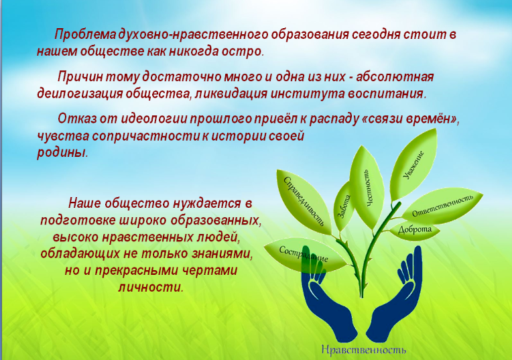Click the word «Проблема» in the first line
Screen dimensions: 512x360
click(x=85, y=35)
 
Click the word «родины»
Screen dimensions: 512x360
click(x=62, y=153)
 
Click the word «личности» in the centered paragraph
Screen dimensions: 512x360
click(x=151, y=287)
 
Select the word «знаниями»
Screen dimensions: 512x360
click(x=219, y=254)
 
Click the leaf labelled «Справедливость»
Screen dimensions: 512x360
click(x=304, y=202)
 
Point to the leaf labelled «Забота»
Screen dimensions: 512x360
click(x=344, y=207)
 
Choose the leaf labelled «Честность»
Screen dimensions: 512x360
click(x=367, y=187)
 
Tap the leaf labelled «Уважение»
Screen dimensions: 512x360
click(x=413, y=166)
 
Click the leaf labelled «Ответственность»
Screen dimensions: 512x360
click(x=442, y=206)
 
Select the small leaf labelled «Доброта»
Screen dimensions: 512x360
click(x=415, y=231)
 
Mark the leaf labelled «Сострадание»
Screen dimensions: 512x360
click(x=304, y=255)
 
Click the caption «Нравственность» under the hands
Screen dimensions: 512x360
click(x=364, y=349)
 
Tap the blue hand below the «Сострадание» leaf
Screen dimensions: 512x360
click(x=326, y=304)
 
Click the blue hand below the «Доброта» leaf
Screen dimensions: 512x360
click(x=397, y=304)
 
